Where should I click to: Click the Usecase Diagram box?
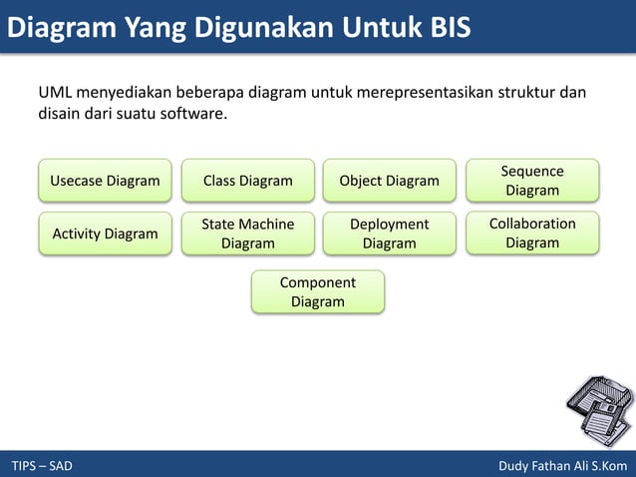[105, 181]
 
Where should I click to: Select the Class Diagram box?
[248, 181]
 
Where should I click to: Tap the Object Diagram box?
[389, 181]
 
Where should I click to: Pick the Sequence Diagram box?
[532, 181]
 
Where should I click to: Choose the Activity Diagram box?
[105, 234]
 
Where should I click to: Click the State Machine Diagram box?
[248, 234]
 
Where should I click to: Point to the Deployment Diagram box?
[389, 234]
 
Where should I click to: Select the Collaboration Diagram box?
[532, 234]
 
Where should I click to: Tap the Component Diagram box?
[318, 291]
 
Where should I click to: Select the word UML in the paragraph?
[56, 94]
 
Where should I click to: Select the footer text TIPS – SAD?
[42, 466]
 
